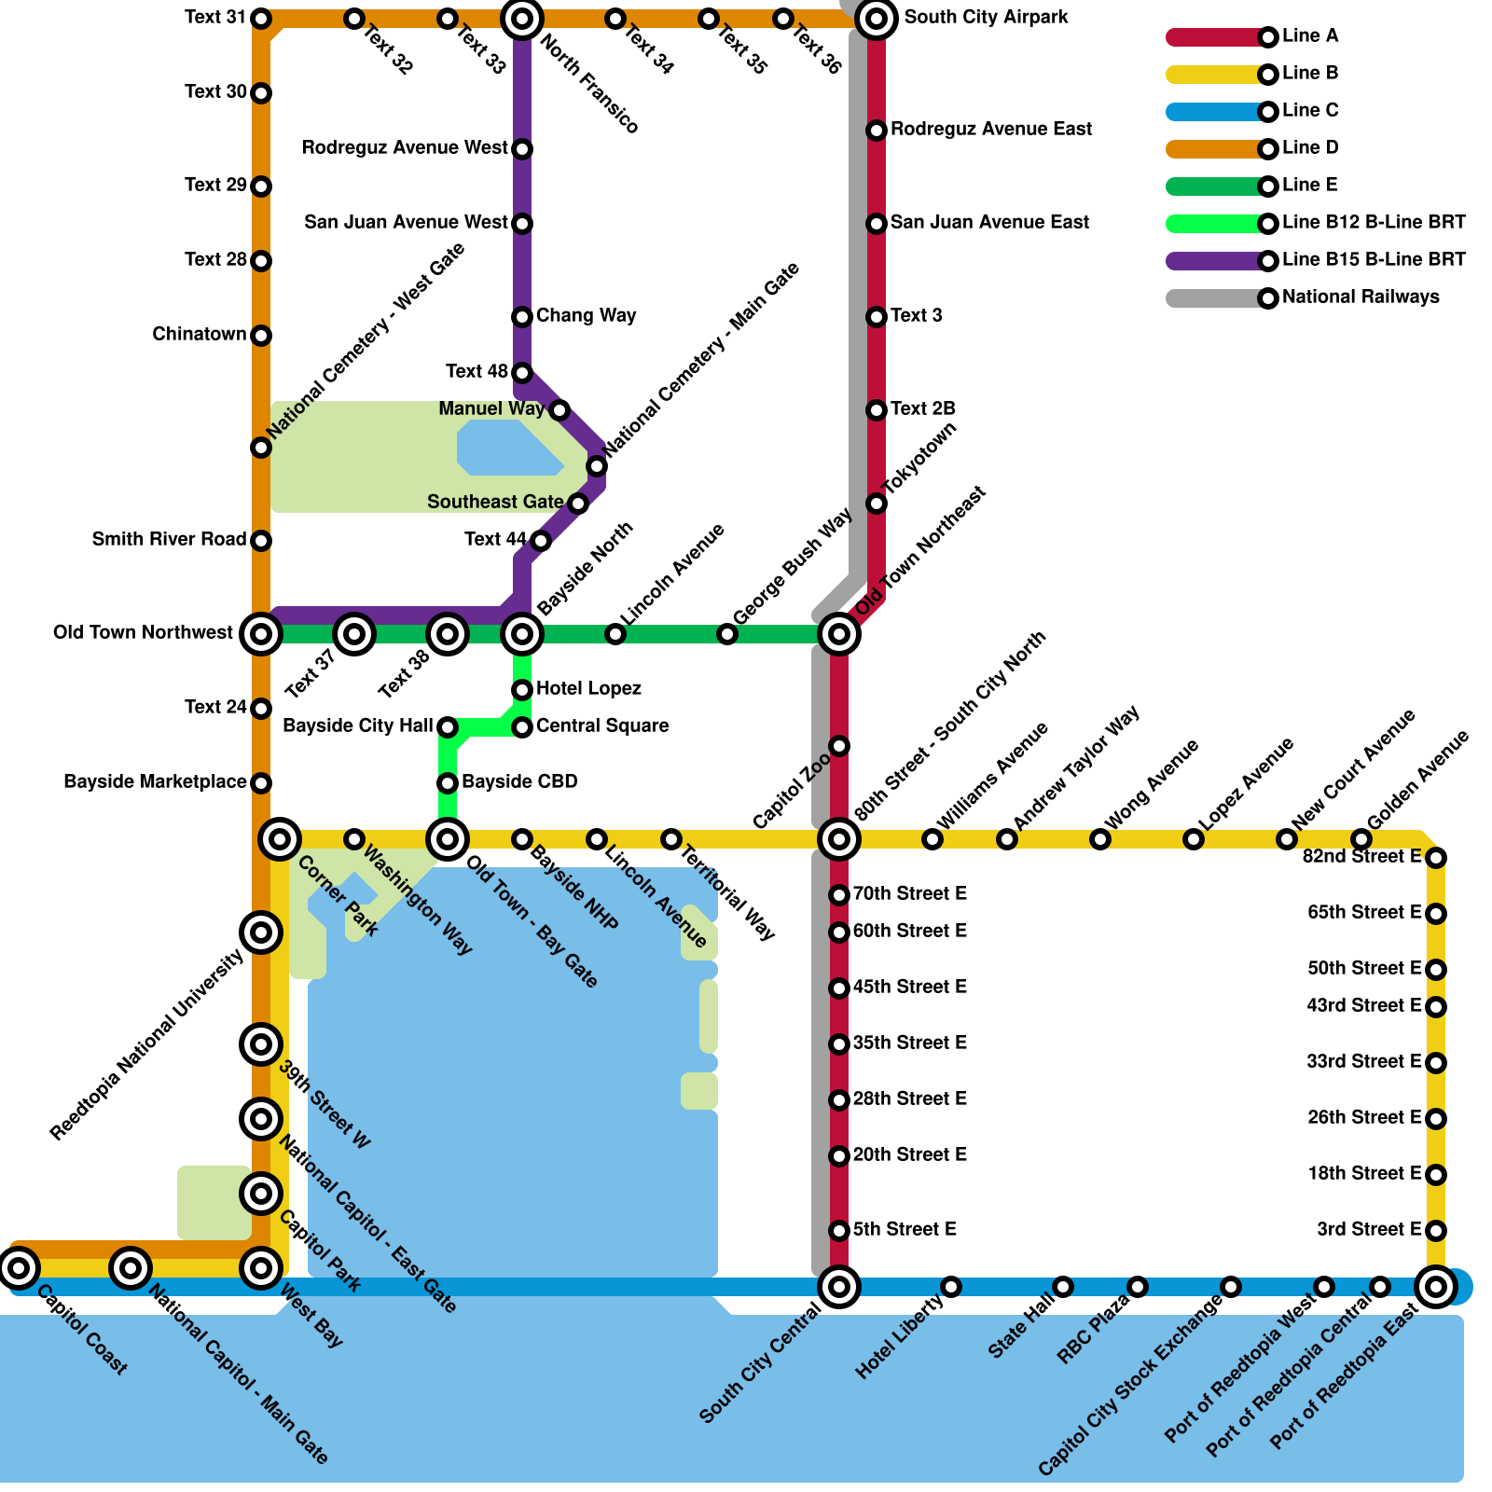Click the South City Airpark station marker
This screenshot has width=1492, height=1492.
pyautogui.click(x=877, y=19)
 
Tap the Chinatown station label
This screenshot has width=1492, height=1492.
pyautogui.click(x=199, y=335)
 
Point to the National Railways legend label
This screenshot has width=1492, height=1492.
pyautogui.click(x=1361, y=297)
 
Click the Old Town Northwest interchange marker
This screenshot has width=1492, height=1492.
pyautogui.click(x=261, y=634)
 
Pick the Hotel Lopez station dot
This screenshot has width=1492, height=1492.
pyautogui.click(x=522, y=690)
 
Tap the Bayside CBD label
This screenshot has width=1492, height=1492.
pyautogui.click(x=519, y=782)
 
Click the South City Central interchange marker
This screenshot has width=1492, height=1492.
pyautogui.click(x=839, y=1287)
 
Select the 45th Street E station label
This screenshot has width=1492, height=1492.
pyautogui.click(x=909, y=988)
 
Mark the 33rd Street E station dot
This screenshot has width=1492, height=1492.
pyautogui.click(x=1436, y=1063)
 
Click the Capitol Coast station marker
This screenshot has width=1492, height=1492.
pyautogui.click(x=19, y=1268)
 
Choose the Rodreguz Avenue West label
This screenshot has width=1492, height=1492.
pyautogui.click(x=405, y=148)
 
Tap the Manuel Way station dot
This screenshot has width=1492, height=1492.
pyautogui.click(x=559, y=410)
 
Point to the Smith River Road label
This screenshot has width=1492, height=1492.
pyautogui.click(x=169, y=540)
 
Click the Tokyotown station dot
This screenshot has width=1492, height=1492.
pyautogui.click(x=877, y=504)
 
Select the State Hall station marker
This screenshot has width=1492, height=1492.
pyautogui.click(x=1063, y=1287)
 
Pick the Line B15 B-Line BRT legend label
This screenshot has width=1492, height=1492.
pyautogui.click(x=1374, y=260)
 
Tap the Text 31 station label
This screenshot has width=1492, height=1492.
pyautogui.click(x=215, y=18)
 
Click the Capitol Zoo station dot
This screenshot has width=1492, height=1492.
pyautogui.click(x=839, y=746)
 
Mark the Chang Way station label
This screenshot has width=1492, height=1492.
pyautogui.click(x=586, y=316)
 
